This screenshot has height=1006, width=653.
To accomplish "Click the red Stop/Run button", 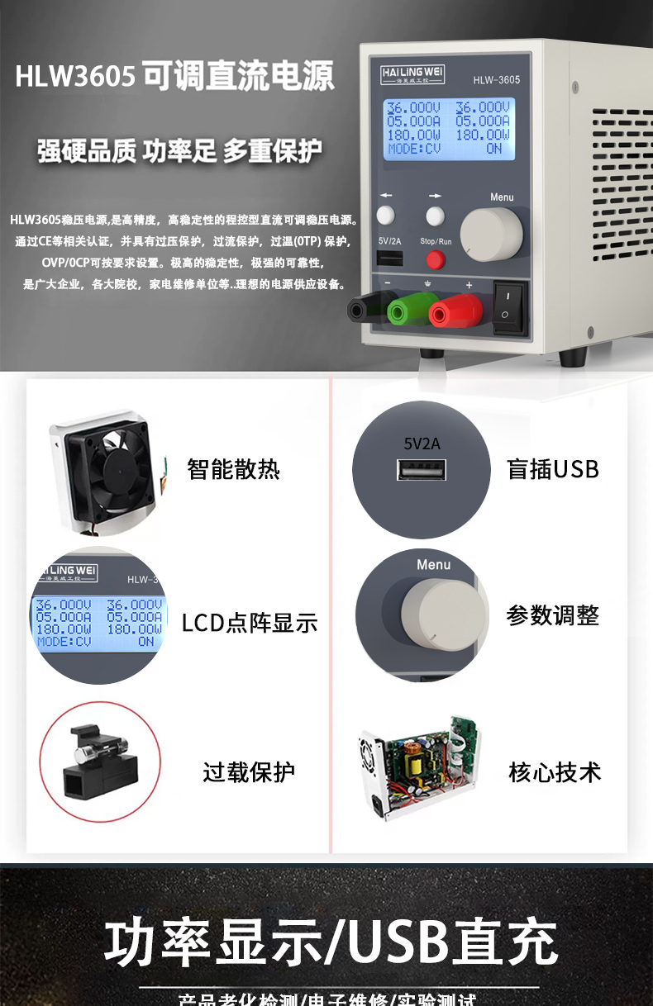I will point(435,260).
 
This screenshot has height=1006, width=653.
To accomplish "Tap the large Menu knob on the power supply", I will point(491,235).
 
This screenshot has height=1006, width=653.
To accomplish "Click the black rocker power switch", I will point(509,308).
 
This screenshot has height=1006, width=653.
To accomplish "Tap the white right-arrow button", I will point(436,216).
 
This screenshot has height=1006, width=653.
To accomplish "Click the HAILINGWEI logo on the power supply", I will point(412,74).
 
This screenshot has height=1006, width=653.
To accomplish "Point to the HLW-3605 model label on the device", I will point(496,80).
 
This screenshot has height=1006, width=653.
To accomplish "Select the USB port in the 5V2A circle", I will point(422,471).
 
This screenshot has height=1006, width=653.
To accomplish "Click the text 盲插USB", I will point(552,469).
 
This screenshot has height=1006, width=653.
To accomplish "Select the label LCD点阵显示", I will point(249,623).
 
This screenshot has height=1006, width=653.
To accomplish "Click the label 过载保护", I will point(249,772).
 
